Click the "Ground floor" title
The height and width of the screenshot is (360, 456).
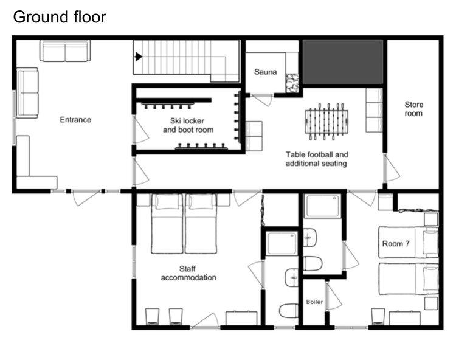coord(60,17)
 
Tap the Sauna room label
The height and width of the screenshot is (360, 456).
coord(265,72)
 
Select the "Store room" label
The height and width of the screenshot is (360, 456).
coord(413,109)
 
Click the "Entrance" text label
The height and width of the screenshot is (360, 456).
coord(75,120)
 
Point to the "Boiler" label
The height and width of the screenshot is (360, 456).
coord(314,302)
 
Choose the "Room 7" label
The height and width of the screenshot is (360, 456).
coord(396,244)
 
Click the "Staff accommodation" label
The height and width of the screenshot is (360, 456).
coord(188,273)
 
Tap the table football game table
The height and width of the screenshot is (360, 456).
coord(326,122)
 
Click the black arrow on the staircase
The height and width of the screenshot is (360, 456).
coord(139,57)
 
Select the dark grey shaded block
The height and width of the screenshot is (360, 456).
coord(343,61)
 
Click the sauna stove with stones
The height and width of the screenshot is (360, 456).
coord(292,83)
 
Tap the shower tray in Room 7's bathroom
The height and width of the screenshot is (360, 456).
coord(322,206)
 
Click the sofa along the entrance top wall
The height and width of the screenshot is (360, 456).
coord(65,51)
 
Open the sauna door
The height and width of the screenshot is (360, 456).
coord(263,99)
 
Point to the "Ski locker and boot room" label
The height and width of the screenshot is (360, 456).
coord(188,125)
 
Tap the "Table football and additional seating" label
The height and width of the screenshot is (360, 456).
coord(316,159)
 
